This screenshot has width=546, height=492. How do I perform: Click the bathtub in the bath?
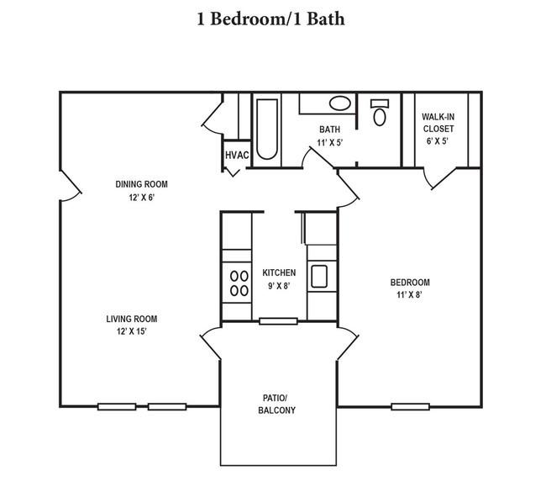pos(267,129)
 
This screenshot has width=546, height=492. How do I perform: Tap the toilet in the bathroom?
pos(380,113)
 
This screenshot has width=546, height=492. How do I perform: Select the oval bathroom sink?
pos(340,103)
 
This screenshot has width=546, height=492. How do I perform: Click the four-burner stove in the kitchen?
pos(239,283)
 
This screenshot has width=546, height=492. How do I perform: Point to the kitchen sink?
pos(319,277)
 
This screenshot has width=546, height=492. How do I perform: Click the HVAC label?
pos(237,155)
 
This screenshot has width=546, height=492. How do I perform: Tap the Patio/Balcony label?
pos(276,404)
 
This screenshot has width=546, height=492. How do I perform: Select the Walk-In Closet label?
pos(438,123)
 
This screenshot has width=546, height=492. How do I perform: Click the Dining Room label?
pos(141,184)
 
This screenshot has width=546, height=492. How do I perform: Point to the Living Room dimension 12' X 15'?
pos(132,331)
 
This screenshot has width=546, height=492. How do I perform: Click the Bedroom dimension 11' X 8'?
pos(410,294)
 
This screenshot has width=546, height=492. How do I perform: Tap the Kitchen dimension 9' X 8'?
pos(279,286)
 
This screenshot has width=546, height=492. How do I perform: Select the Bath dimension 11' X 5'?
pos(330,142)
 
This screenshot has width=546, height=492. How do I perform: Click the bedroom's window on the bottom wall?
pos(410,406)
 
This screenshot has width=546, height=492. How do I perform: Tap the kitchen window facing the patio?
pos(278,321)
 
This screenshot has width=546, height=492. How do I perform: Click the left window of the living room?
pos(117,406)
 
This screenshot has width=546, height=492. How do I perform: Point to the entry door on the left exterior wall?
pos(71,186)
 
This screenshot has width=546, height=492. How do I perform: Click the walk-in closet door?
pos(439,178)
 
